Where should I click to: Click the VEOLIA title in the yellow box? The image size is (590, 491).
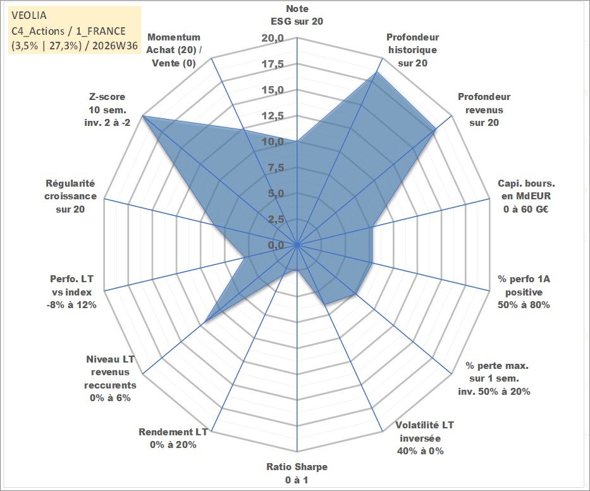coord(29,15)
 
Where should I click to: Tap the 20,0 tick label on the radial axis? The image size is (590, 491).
coord(273,38)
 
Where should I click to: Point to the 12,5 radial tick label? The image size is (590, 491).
coord(273,116)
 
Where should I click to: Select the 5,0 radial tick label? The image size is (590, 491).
coord(276,193)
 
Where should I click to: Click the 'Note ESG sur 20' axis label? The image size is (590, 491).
coord(297,15)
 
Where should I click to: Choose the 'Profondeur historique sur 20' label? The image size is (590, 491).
coord(413,50)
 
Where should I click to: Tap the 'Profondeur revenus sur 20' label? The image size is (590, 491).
coord(484,109)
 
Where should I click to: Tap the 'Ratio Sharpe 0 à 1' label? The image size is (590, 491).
coord(297,473)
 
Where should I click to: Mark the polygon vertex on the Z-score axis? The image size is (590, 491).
coord(143,116)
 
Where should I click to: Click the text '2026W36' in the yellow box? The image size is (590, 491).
coord(114,46)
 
